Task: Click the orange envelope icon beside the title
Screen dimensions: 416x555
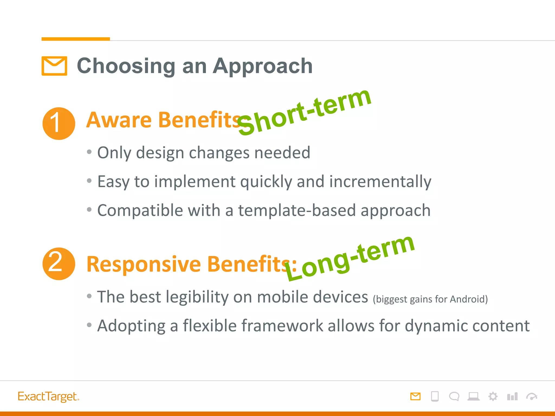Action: [x=54, y=66]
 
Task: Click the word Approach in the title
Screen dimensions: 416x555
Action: [x=263, y=66]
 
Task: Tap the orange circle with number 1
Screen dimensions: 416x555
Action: [x=59, y=123]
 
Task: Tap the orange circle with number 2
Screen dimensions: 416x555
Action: [x=59, y=264]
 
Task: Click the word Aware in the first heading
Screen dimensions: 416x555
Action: [x=119, y=120]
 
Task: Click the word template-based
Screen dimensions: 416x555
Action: [x=296, y=210]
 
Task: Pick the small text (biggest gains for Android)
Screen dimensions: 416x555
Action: [x=430, y=299]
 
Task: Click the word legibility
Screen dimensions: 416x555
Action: [x=197, y=297]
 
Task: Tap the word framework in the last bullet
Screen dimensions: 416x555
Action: [x=280, y=326]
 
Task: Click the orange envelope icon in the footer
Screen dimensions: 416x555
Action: [x=415, y=396]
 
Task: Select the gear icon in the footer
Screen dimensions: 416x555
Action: [x=493, y=396]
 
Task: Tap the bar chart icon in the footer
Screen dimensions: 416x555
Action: [x=512, y=396]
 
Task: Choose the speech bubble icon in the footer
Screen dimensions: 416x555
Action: [x=454, y=396]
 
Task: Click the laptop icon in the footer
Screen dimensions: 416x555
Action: [x=473, y=396]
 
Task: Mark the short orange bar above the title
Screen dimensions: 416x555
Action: [x=76, y=39]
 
